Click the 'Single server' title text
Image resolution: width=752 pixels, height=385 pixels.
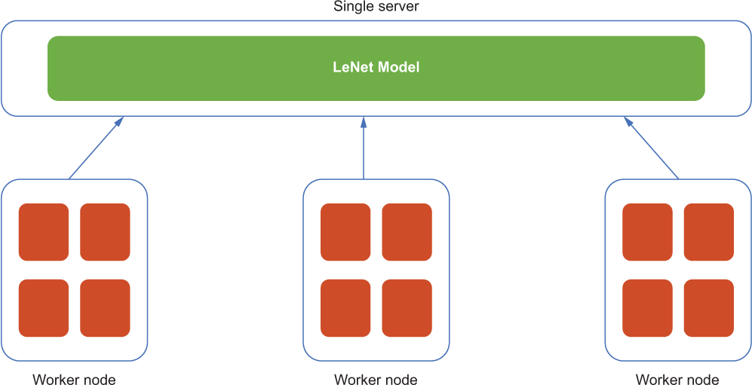[x=376, y=8]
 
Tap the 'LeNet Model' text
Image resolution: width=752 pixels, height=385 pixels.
[x=376, y=68]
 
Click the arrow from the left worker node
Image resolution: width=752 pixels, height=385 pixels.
[x=97, y=148]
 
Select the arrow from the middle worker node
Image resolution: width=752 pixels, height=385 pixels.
[x=364, y=148]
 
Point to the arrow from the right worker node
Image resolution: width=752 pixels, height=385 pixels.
[x=651, y=148]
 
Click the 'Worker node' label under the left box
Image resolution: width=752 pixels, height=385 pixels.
[x=75, y=380]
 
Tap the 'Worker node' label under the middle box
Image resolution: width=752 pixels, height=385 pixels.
[x=376, y=380]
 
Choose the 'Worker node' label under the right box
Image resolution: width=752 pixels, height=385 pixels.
[x=677, y=380]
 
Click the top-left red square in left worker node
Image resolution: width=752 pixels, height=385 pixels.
[x=44, y=232]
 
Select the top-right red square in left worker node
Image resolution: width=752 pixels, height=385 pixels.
[x=105, y=232]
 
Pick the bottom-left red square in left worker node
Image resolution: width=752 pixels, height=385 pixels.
[x=44, y=308]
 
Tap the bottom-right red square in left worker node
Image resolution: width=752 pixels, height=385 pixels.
[x=105, y=308]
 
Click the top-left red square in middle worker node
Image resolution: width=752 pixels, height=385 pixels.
[x=345, y=232]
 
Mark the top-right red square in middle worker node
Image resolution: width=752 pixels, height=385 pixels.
[x=407, y=232]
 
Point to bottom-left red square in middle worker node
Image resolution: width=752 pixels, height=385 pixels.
[x=345, y=308]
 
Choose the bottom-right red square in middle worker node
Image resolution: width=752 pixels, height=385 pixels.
[x=407, y=308]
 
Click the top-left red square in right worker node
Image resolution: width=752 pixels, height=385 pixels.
[x=647, y=232]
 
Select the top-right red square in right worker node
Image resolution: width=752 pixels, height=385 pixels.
[x=708, y=232]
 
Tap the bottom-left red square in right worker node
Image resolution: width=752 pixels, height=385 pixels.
[x=647, y=308]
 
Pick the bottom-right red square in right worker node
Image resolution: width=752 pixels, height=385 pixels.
[x=708, y=308]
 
